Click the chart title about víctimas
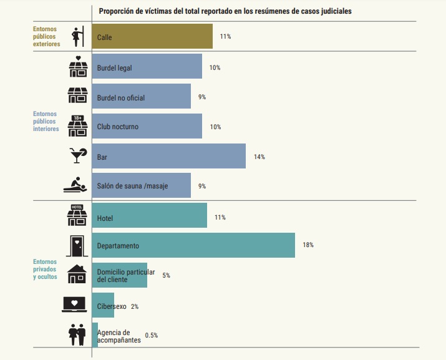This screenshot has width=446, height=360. point(229,11)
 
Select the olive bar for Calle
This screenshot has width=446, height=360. point(152,36)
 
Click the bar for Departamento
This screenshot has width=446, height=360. point(193,245)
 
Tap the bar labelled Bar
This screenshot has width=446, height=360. point(168,156)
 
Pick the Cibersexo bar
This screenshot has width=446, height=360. point(103,306)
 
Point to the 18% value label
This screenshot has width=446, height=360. point(308,245)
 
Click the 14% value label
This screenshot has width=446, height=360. point(259,157)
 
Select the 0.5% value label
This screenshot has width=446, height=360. point(151,336)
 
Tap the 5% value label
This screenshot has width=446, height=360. point(166,275)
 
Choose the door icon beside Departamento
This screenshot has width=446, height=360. point(76,245)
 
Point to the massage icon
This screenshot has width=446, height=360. point(76,185)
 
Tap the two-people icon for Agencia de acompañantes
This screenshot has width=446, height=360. point(76,334)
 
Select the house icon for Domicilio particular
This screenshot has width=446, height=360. point(76,275)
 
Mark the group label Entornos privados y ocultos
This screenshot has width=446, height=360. point(45,269)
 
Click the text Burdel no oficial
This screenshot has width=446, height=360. point(125,97)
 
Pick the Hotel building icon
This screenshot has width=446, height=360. point(76,215)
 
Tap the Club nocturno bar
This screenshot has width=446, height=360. point(147,126)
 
